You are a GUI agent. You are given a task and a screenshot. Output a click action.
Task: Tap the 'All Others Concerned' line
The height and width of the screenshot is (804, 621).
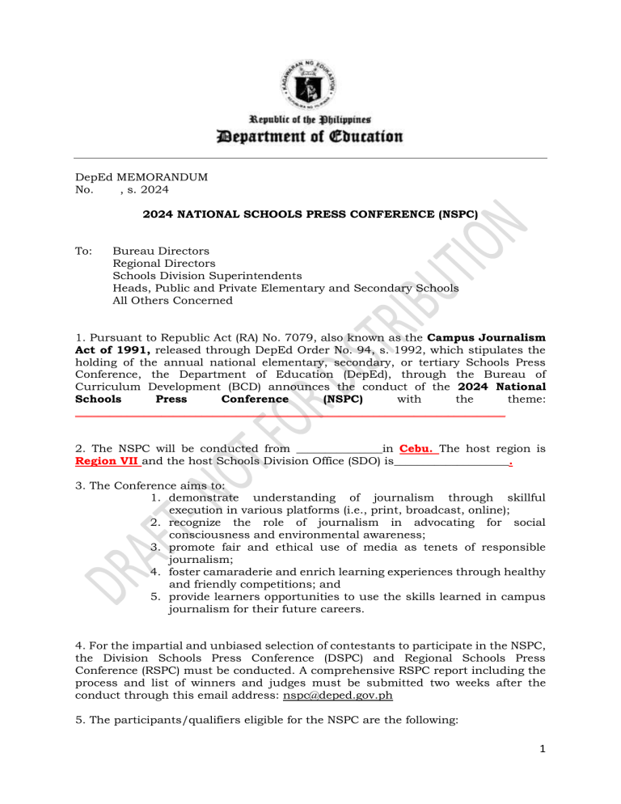172,300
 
